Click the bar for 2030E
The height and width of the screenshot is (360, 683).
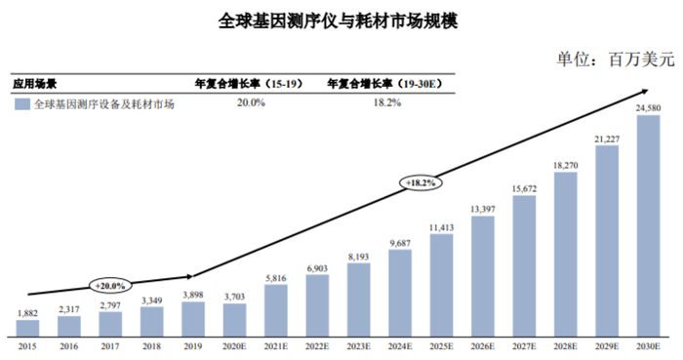[x=649, y=227]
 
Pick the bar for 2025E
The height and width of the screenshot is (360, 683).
[x=442, y=283]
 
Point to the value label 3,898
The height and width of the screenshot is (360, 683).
[x=194, y=295]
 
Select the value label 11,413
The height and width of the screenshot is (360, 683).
[x=442, y=227]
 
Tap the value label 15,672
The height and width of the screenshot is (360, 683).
[x=525, y=188]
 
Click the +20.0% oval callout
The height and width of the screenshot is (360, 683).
[x=111, y=285]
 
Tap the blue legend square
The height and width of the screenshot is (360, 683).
[x=20, y=103]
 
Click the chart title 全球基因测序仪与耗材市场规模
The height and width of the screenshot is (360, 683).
[x=340, y=20]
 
